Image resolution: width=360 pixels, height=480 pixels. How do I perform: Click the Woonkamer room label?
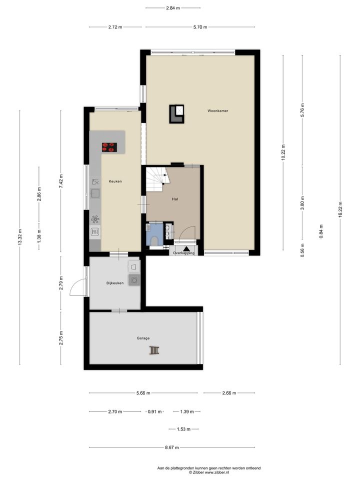click(x=217, y=111)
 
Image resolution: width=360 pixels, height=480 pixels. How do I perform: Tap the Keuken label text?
click(x=115, y=181)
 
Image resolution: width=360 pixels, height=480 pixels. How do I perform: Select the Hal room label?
click(x=175, y=199)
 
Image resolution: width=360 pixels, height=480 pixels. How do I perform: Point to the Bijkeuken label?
click(x=115, y=283)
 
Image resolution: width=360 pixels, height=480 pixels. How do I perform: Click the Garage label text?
click(x=143, y=338)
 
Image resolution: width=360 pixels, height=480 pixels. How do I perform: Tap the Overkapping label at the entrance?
click(x=183, y=253)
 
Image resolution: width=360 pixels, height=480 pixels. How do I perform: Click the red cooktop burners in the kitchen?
click(x=109, y=147)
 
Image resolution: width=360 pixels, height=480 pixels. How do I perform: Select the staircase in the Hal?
click(x=158, y=179)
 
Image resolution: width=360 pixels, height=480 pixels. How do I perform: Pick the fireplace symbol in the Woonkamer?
click(x=177, y=114)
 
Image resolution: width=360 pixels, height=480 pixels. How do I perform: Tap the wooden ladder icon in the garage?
click(x=154, y=350)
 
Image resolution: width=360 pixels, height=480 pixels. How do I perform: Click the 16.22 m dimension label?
click(x=340, y=209)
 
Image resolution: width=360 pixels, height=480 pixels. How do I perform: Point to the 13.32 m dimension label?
click(x=20, y=237)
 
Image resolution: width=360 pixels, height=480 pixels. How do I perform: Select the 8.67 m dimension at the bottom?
click(x=171, y=447)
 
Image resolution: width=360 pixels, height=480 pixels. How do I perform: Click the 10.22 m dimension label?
click(x=283, y=152)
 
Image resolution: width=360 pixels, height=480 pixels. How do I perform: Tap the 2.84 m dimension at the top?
click(x=173, y=8)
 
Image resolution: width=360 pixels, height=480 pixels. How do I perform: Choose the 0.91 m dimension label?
click(x=154, y=411)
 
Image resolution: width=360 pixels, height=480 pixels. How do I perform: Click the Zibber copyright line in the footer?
click(x=209, y=472)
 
